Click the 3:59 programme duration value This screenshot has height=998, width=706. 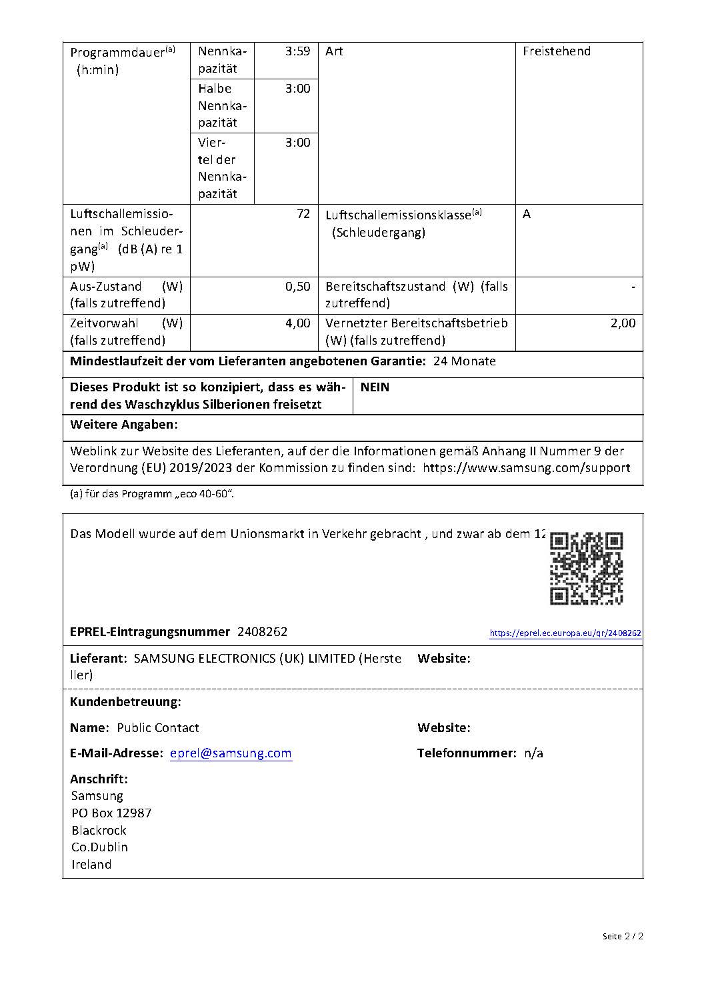[x=297, y=51]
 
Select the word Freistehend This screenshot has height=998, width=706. [x=556, y=51]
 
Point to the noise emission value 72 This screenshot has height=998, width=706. [x=303, y=214]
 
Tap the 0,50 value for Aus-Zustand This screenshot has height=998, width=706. [x=297, y=287]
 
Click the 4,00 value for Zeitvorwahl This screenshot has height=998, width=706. [x=297, y=323]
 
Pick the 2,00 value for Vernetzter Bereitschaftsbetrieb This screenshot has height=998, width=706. [x=623, y=323]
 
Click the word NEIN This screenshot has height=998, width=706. [x=375, y=387]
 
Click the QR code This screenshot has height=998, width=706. [x=586, y=569]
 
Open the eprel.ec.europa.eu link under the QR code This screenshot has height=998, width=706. [x=565, y=633]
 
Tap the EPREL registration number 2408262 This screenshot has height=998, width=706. [x=262, y=632]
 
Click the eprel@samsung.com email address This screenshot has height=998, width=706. [x=231, y=753]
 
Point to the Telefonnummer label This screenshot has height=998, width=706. [x=467, y=753]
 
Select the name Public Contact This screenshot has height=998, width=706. [x=157, y=728]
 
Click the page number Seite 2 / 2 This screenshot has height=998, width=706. [x=623, y=937]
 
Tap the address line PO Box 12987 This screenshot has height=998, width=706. [x=111, y=813]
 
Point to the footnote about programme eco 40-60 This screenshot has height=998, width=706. [x=152, y=495]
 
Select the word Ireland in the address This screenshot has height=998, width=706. [x=91, y=865]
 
